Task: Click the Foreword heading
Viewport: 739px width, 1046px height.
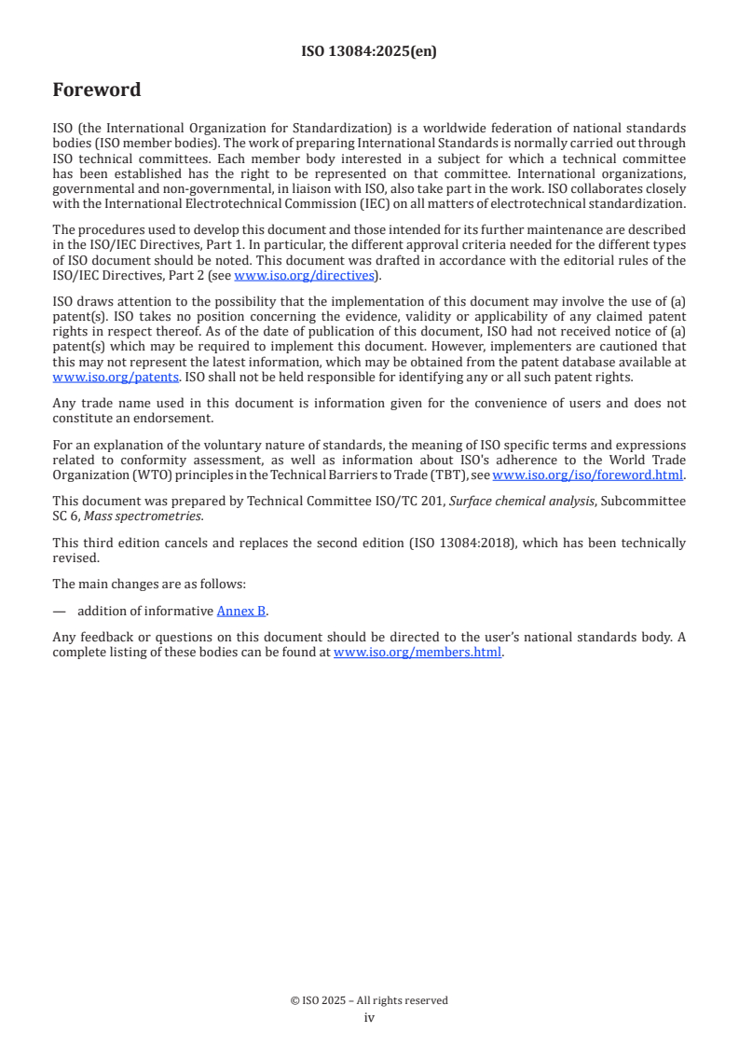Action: click(97, 90)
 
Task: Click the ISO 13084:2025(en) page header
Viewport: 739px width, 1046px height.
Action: click(369, 52)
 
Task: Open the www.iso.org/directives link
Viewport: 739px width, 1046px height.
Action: click(303, 275)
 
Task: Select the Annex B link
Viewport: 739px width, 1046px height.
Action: click(241, 611)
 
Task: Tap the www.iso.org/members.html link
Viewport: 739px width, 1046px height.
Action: click(417, 653)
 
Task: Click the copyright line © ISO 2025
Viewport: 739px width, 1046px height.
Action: click(369, 1000)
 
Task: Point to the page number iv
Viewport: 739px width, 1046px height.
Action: click(369, 1018)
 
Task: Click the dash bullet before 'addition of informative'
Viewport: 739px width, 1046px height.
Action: click(60, 611)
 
